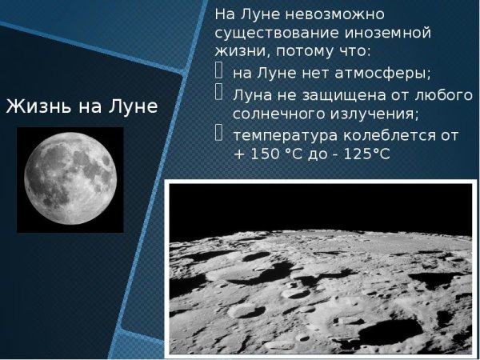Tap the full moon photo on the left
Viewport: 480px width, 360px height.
click(x=70, y=180)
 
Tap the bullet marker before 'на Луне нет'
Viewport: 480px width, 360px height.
click(x=222, y=72)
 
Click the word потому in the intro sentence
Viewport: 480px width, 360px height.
click(x=314, y=53)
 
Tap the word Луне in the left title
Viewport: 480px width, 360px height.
click(x=130, y=107)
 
